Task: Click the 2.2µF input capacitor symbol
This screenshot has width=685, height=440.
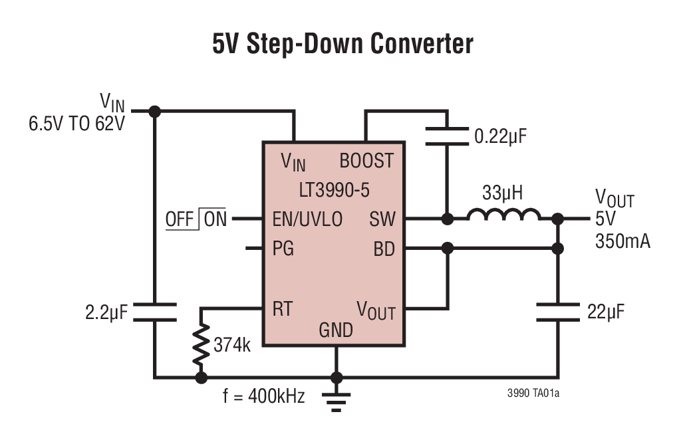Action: (154, 312)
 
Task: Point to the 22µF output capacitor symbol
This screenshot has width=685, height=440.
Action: (558, 312)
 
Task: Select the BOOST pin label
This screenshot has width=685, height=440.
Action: (366, 160)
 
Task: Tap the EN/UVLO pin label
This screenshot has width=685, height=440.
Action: (307, 219)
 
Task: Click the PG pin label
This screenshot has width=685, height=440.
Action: (283, 249)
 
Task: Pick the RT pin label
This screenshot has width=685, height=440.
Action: (282, 308)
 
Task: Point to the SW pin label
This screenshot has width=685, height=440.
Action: (382, 219)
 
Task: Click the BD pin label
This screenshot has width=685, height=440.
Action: (384, 249)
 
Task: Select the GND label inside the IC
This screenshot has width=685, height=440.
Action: (336, 330)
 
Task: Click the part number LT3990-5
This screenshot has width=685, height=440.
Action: (334, 190)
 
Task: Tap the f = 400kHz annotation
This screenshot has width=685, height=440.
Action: (264, 397)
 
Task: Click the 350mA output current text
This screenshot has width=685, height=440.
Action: (622, 241)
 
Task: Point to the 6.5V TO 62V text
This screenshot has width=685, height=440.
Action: (76, 124)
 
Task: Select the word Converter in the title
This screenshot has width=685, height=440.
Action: (422, 44)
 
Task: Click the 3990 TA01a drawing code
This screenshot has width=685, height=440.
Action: (533, 393)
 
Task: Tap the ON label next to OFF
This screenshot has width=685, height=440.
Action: (215, 219)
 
